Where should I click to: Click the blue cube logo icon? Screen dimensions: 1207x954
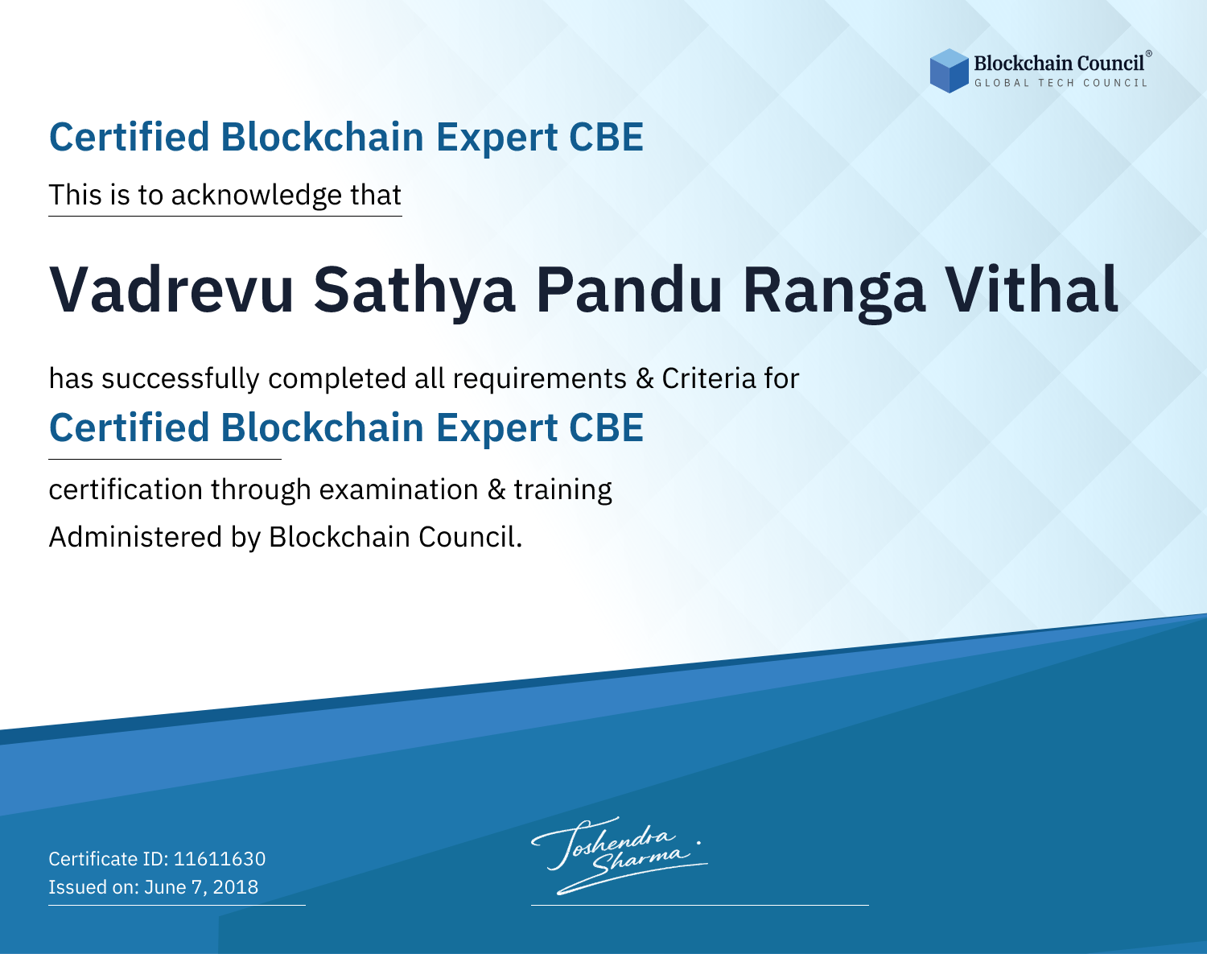pyautogui.click(x=949, y=71)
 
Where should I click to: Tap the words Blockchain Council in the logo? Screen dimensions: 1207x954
pyautogui.click(x=1059, y=64)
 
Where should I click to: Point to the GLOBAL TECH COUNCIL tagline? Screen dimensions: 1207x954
pyautogui.click(x=1061, y=83)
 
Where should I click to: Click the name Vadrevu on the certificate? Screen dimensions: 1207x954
pyautogui.click(x=171, y=290)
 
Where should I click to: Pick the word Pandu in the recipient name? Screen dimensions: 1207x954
pyautogui.click(x=628, y=290)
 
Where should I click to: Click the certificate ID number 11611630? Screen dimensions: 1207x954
pyautogui.click(x=220, y=858)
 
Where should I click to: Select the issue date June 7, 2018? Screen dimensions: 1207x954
pyautogui.click(x=201, y=886)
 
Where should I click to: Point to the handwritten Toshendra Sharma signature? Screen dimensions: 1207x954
pyautogui.click(x=618, y=855)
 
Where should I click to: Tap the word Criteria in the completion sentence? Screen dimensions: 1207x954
pyautogui.click(x=708, y=378)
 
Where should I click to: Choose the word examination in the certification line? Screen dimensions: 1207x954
pyautogui.click(x=399, y=489)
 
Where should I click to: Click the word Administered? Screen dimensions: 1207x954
pyautogui.click(x=136, y=536)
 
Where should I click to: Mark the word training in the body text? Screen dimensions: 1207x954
pyautogui.click(x=562, y=490)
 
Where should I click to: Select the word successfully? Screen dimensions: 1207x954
pyautogui.click(x=180, y=379)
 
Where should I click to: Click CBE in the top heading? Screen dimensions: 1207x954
pyautogui.click(x=606, y=137)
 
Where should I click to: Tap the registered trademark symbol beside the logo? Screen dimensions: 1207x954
pyautogui.click(x=1148, y=54)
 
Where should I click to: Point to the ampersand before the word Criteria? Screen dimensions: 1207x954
pyautogui.click(x=645, y=379)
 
